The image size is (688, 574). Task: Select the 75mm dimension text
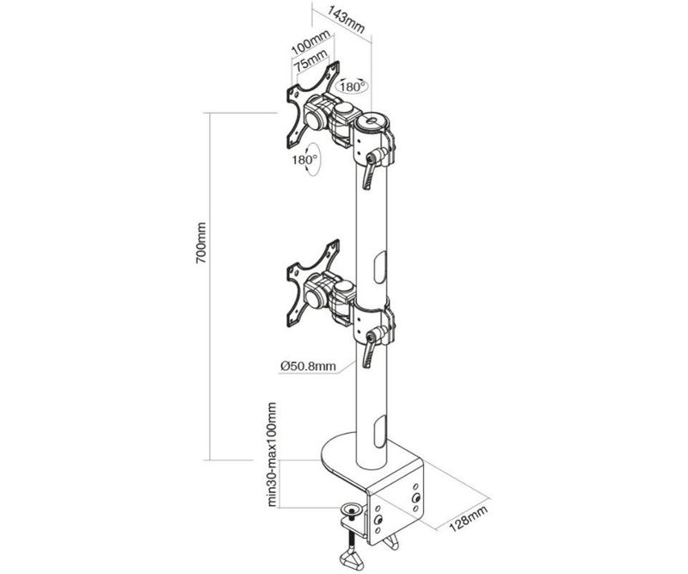point(310,60)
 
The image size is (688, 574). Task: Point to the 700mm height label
point(201,243)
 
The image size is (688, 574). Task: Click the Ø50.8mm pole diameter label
point(309,366)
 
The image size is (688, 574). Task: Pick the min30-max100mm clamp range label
point(272,454)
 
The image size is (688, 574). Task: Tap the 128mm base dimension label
point(468,519)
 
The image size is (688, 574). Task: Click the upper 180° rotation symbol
point(352,87)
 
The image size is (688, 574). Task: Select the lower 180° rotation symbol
point(307,159)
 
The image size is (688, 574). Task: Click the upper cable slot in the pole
point(379,268)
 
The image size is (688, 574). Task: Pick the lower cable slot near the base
point(379,432)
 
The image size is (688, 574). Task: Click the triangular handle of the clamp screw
point(352,560)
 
